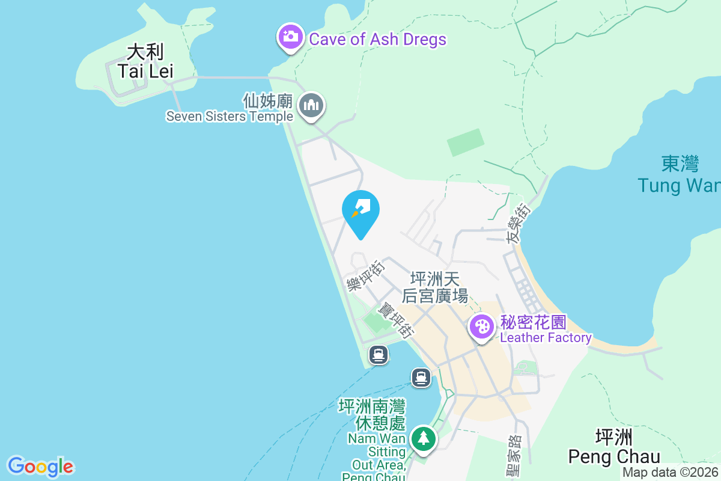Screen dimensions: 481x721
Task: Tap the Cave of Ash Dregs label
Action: pyautogui.click(x=377, y=40)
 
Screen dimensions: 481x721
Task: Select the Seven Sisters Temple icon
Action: pyautogui.click(x=311, y=106)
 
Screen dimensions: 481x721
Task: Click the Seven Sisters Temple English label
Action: pyautogui.click(x=230, y=117)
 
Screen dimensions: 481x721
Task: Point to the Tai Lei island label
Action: pyautogui.click(x=145, y=71)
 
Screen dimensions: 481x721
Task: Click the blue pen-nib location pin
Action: pyautogui.click(x=360, y=212)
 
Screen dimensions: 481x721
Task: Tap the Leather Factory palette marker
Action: pyautogui.click(x=482, y=328)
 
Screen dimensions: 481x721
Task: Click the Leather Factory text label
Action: pyautogui.click(x=546, y=338)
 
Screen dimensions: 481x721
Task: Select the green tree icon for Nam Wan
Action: pyautogui.click(x=424, y=438)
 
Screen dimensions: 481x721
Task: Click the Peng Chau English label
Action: pyautogui.click(x=614, y=457)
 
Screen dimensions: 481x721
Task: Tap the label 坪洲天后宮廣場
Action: pyautogui.click(x=435, y=287)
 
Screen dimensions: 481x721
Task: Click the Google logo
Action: pyautogui.click(x=40, y=467)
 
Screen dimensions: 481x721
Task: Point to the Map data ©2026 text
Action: pyautogui.click(x=670, y=473)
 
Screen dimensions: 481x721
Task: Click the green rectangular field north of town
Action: pyautogui.click(x=466, y=142)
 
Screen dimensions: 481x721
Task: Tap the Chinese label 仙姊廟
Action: pyautogui.click(x=268, y=100)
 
